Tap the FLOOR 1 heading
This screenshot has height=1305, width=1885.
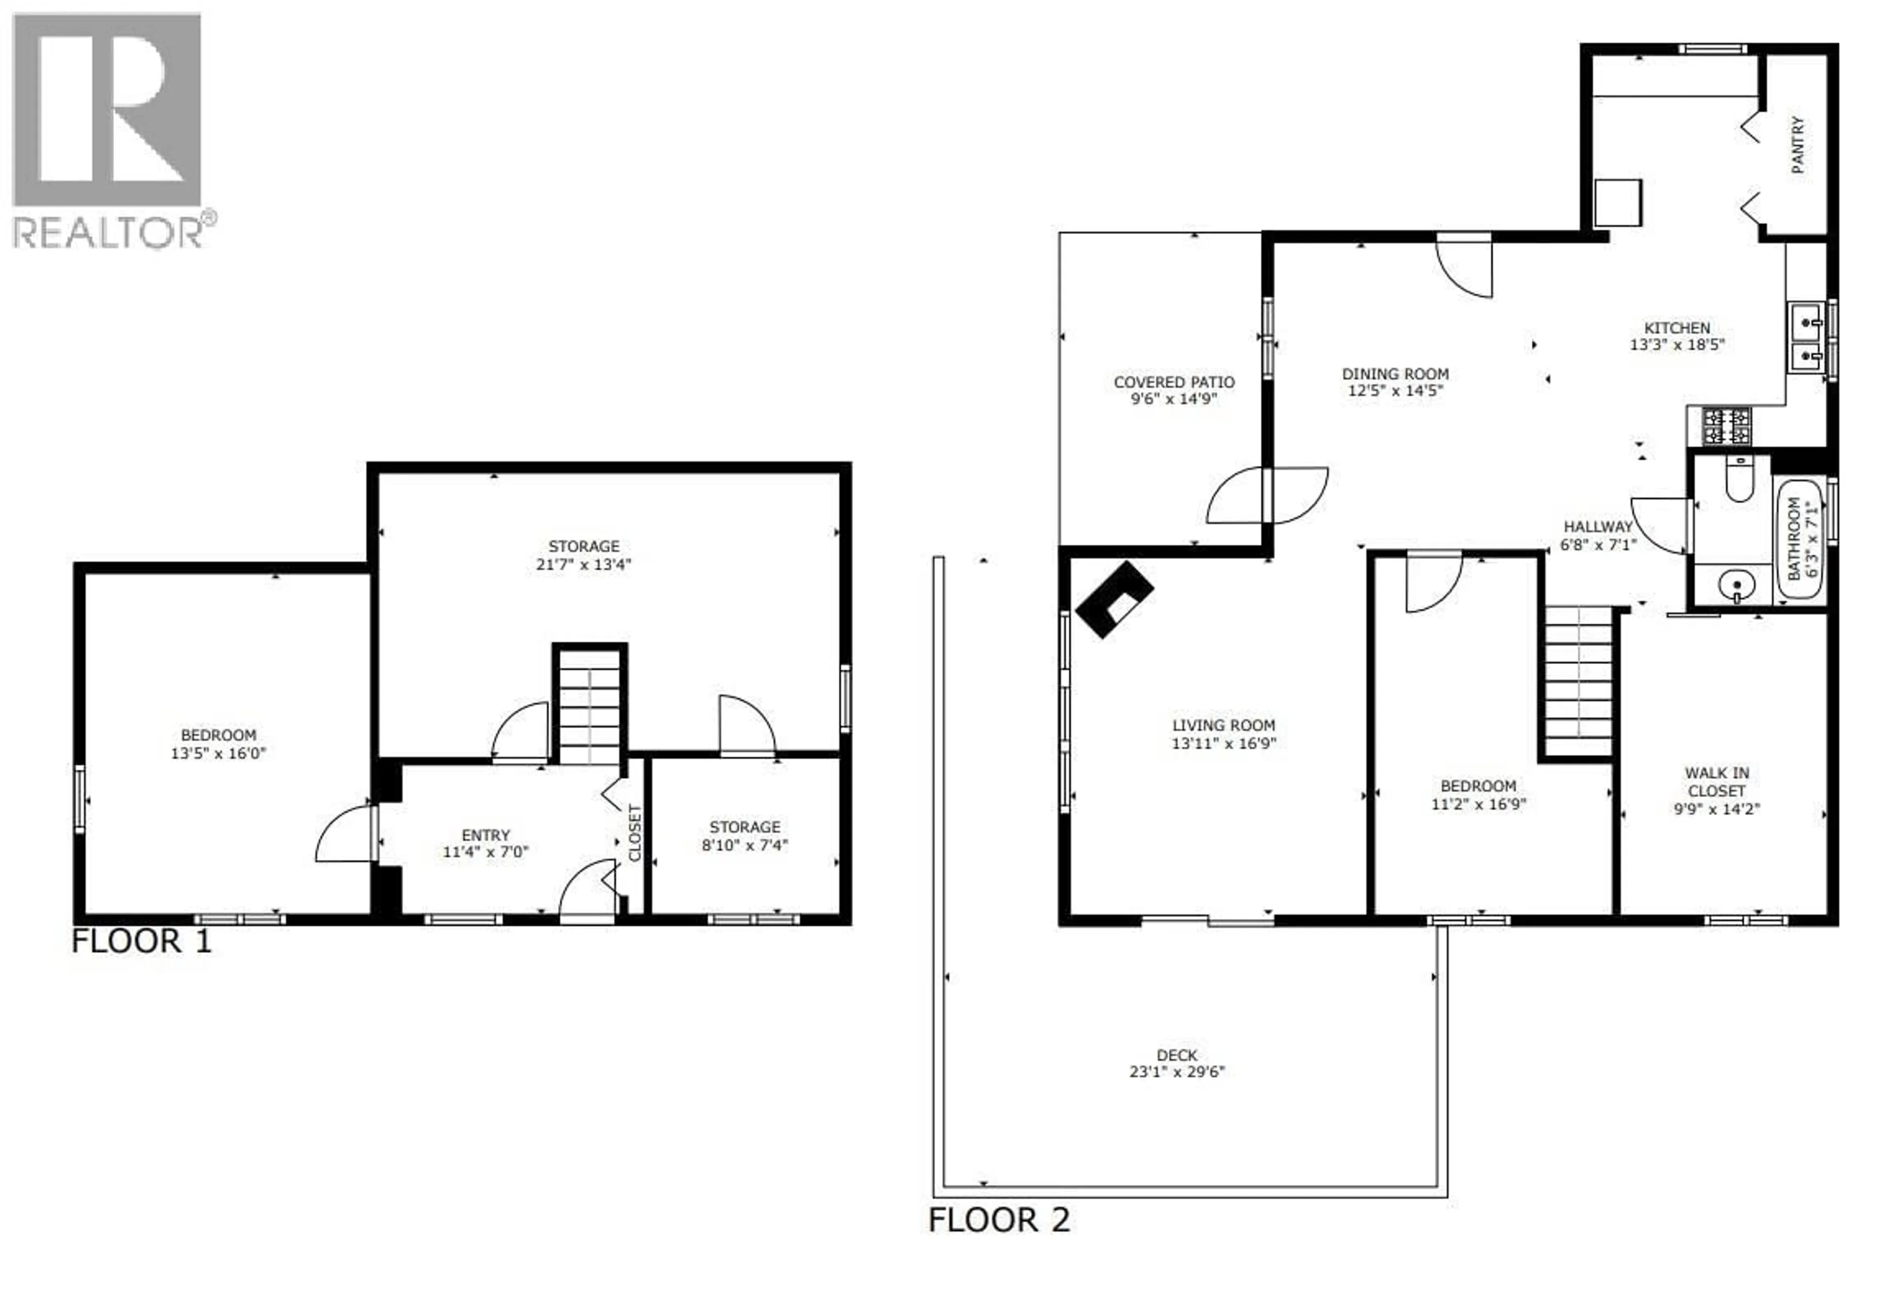click(x=141, y=941)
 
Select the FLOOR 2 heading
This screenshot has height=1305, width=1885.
click(x=998, y=1220)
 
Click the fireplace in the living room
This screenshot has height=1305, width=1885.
click(x=1114, y=599)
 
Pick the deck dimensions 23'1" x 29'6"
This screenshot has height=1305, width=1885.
click(x=1177, y=1072)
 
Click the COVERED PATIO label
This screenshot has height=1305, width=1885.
click(x=1174, y=382)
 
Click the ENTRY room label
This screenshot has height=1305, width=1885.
click(x=486, y=835)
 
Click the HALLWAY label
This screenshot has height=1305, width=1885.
click(x=1598, y=527)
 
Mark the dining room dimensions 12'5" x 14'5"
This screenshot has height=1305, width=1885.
click(x=1395, y=391)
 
